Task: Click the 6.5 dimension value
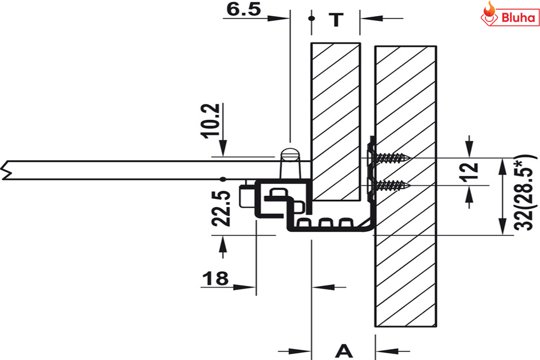[x=243, y=9]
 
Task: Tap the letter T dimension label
[x=336, y=19]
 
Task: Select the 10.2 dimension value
[x=210, y=120]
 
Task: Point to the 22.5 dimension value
[x=221, y=208]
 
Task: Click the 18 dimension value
[x=215, y=278]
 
